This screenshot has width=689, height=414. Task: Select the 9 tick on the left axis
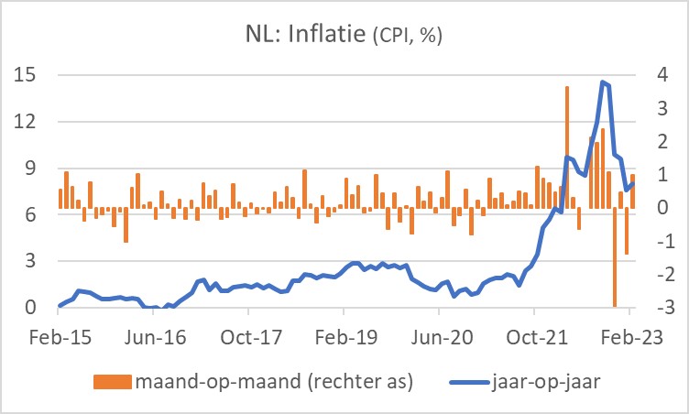pos(31,168)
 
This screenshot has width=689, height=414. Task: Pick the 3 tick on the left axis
pos(31,261)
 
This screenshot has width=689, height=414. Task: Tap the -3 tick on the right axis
pos(659,308)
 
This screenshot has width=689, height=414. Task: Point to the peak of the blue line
pos(602,82)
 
